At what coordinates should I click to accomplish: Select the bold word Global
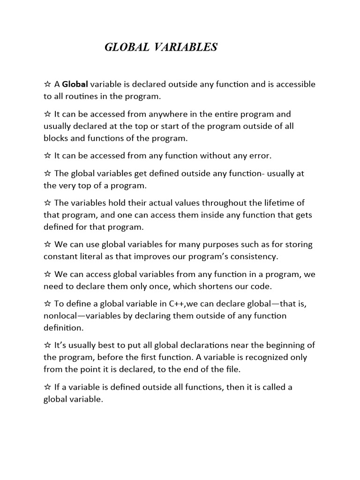coord(75,84)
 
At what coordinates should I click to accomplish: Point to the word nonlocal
coord(60,315)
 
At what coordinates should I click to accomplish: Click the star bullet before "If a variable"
coord(47,387)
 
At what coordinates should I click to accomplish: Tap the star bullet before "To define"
coord(47,303)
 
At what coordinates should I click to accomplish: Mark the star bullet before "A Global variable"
coord(47,84)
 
